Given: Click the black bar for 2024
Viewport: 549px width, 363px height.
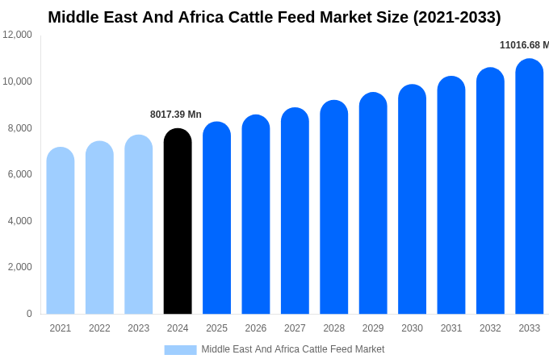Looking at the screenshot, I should pos(178,222).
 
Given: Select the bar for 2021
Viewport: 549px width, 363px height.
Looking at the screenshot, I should pos(61,232).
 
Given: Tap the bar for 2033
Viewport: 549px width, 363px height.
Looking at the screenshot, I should pos(530,187).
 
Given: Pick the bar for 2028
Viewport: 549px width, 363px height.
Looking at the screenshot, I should pos(334,208).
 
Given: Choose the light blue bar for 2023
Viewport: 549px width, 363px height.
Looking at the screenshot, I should pos(139,225).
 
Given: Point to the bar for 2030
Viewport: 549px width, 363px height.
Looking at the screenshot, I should pos(412,200).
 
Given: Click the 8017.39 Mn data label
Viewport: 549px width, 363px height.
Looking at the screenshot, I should pos(176,115).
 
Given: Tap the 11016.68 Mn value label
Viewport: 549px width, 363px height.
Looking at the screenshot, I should pos(524,45).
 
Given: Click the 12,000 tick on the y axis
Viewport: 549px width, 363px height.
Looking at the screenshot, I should pos(18,35).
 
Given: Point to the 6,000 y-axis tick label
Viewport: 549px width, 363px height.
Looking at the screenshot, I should pos(18,174).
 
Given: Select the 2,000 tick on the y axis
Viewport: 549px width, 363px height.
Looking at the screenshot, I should pos(18,267).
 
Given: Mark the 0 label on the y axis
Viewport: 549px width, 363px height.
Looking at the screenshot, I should pos(29,314).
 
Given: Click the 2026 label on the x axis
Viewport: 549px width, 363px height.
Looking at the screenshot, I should pos(256,328).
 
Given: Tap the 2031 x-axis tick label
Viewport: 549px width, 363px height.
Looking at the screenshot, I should pos(451,328).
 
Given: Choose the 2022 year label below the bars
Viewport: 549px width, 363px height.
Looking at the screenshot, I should pos(99,328).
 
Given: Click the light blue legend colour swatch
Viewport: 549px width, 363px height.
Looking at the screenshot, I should pos(180,350).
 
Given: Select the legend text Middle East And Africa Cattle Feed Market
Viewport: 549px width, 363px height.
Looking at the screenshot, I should pos(293,349).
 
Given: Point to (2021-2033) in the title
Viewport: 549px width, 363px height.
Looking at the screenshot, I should pos(457,17).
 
